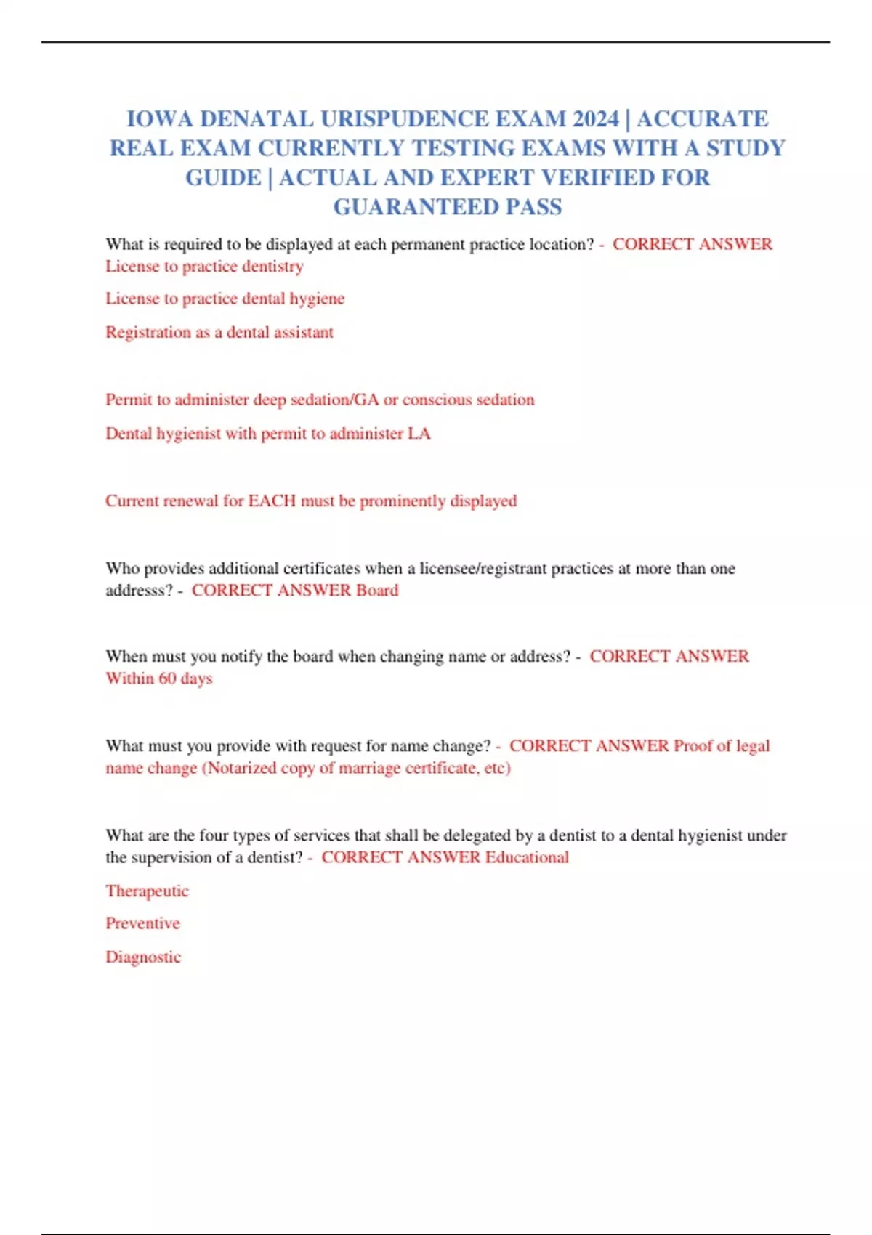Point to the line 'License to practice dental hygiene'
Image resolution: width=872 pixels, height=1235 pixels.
225,299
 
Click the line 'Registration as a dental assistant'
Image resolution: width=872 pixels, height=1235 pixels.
219,332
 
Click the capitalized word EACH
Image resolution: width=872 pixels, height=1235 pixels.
272,501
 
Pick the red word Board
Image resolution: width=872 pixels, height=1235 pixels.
377,590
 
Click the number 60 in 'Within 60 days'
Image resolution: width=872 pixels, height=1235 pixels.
167,679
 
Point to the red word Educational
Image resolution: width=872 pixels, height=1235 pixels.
527,857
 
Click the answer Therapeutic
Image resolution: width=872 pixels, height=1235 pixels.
147,891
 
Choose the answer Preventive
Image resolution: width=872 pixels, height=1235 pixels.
142,923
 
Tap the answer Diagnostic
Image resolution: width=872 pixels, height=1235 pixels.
143,957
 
